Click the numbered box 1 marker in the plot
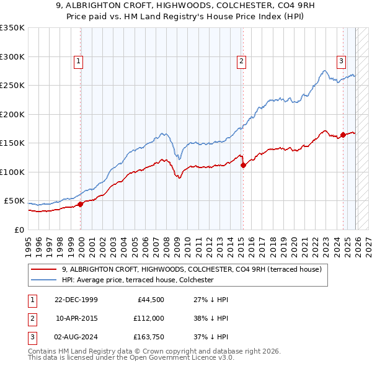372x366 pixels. [x=79, y=61]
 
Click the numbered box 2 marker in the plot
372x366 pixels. [x=241, y=61]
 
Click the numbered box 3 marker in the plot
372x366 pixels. [x=342, y=61]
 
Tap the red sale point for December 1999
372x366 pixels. [x=81, y=204]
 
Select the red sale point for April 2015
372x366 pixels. [x=243, y=165]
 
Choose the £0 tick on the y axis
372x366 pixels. [x=19, y=230]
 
